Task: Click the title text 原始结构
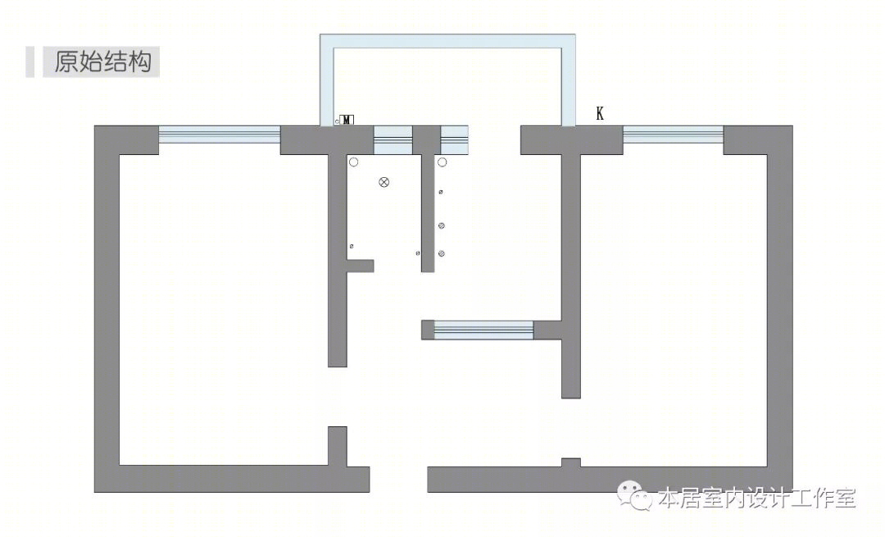pyautogui.click(x=102, y=61)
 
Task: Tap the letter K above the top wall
pyautogui.click(x=599, y=113)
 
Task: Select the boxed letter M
pyautogui.click(x=347, y=120)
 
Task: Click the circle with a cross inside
pyautogui.click(x=383, y=182)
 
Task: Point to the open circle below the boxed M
pyautogui.click(x=353, y=162)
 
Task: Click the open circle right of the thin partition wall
pyautogui.click(x=442, y=162)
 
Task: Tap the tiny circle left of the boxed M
pyautogui.click(x=337, y=121)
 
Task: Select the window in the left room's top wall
pyautogui.click(x=220, y=134)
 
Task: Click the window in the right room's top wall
pyautogui.click(x=673, y=134)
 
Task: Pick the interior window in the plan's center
pyautogui.click(x=483, y=330)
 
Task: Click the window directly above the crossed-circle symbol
pyautogui.click(x=393, y=140)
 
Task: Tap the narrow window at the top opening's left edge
pyautogui.click(x=454, y=140)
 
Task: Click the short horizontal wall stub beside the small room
pyautogui.click(x=360, y=266)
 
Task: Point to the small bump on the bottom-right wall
pyautogui.click(x=570, y=462)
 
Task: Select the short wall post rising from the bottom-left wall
pyautogui.click(x=338, y=447)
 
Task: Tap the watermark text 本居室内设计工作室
pyautogui.click(x=757, y=498)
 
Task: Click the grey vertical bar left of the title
pyautogui.click(x=30, y=61)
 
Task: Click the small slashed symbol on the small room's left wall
pyautogui.click(x=352, y=246)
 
